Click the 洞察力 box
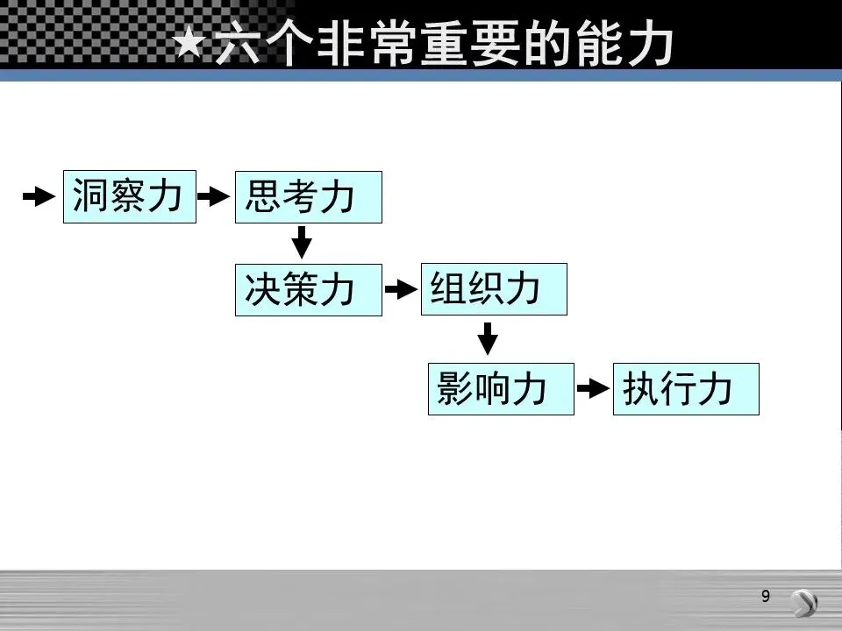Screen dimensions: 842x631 (130, 197)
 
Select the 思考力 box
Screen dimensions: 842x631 (309, 197)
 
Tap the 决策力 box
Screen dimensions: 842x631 (309, 289)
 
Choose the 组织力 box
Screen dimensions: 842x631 (494, 289)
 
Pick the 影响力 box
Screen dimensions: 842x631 (501, 388)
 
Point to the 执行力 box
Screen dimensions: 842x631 (685, 388)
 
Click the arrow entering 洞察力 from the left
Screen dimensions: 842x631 (38, 197)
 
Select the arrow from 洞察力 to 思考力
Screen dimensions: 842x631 (213, 197)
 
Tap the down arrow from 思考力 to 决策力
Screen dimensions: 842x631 (302, 242)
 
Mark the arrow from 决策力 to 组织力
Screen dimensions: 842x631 (400, 289)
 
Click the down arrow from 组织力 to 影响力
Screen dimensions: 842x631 (487, 338)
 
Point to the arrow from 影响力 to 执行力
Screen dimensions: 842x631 (592, 388)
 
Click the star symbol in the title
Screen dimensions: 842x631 (190, 44)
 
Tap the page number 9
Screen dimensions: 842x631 (766, 597)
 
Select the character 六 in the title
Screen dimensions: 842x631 (238, 44)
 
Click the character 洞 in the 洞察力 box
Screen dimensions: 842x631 (90, 197)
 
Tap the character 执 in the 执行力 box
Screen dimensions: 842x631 (639, 388)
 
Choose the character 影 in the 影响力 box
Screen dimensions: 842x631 (455, 388)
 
